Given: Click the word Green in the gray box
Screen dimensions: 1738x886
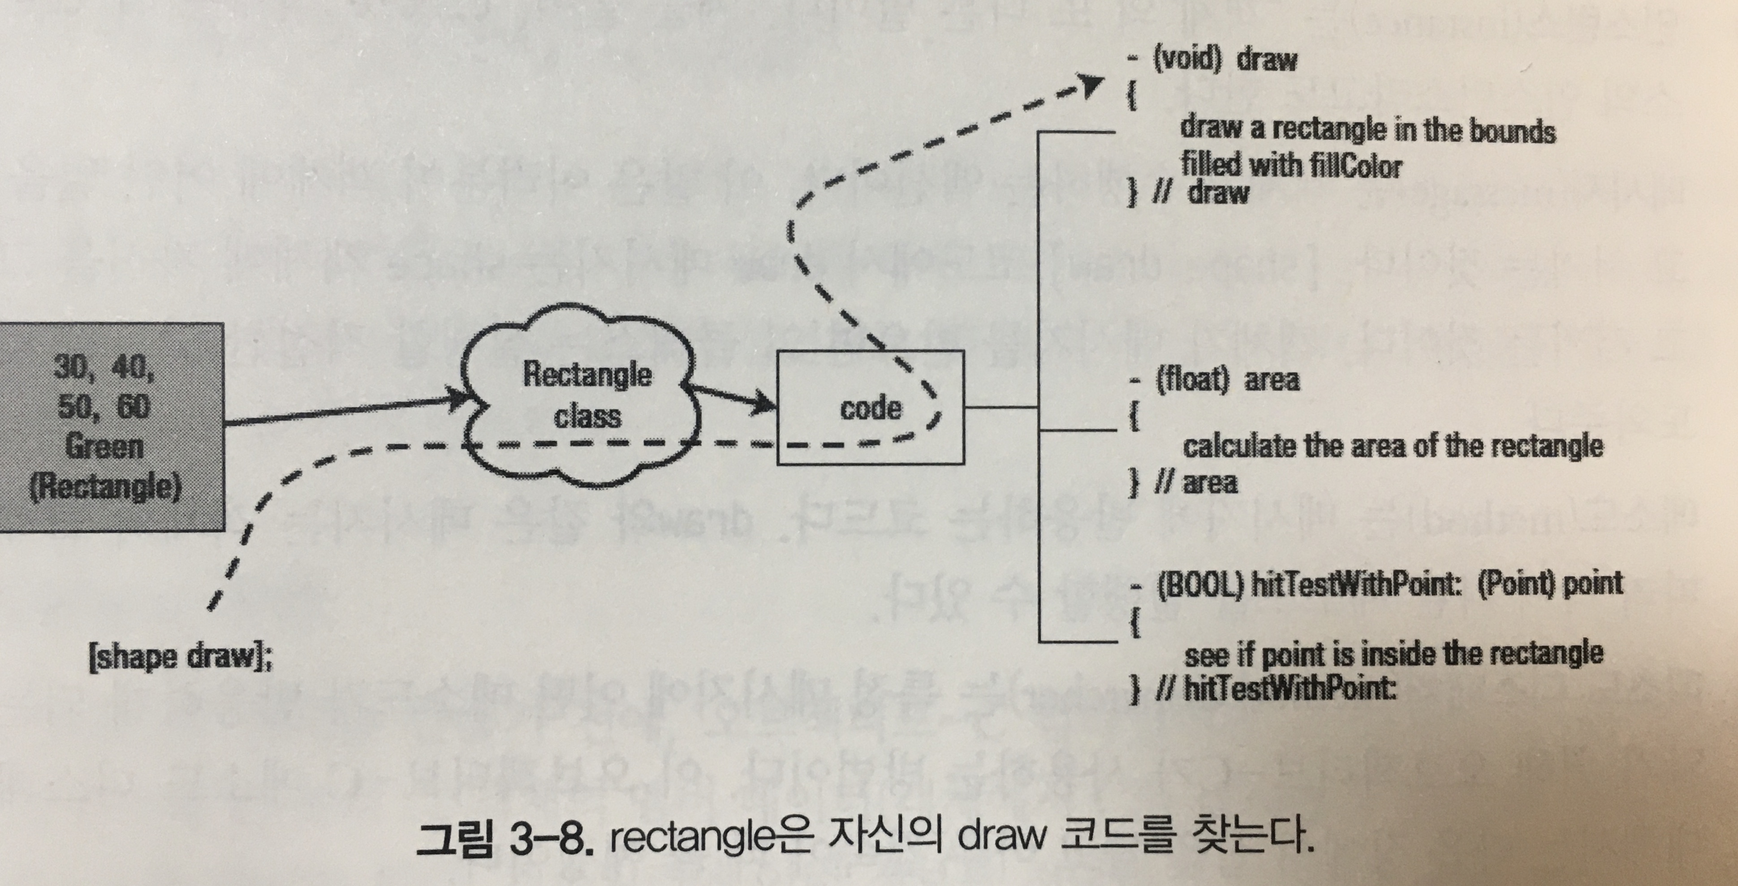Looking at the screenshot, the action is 104,447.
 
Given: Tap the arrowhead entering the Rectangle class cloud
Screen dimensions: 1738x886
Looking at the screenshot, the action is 466,400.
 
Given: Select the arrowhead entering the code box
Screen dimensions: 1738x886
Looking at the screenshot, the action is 766,403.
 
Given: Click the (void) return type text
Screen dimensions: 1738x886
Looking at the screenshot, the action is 1187,59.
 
